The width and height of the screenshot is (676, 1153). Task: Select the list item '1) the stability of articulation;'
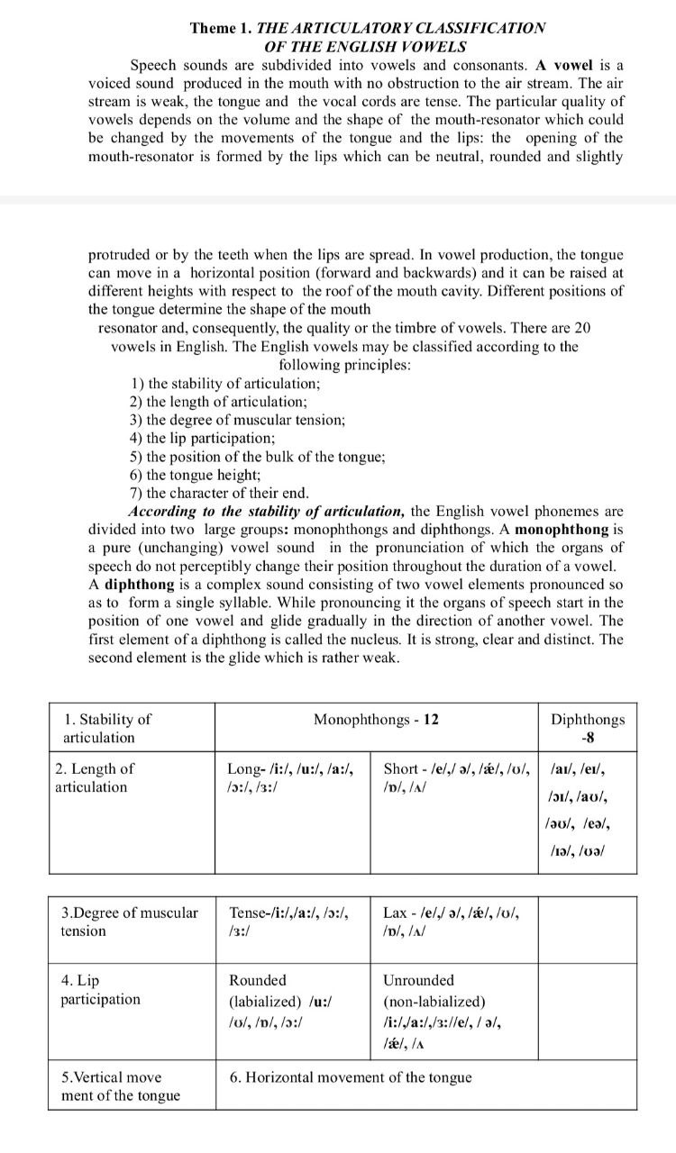point(225,383)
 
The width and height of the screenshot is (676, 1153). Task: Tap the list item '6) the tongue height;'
point(196,475)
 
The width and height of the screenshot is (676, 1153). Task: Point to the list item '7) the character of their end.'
point(219,493)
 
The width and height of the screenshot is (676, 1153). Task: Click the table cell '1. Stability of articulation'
point(107,728)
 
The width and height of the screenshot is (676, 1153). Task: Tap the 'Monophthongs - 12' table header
point(376,719)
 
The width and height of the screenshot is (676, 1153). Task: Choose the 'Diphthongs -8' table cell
point(587,728)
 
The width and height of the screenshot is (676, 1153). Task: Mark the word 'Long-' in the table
point(246,768)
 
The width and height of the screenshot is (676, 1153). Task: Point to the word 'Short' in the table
point(401,768)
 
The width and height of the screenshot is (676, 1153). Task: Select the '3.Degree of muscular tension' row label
point(129,921)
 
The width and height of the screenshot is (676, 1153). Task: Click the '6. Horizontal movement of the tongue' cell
point(351,1077)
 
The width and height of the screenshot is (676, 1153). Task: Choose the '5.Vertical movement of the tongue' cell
point(120,1086)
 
